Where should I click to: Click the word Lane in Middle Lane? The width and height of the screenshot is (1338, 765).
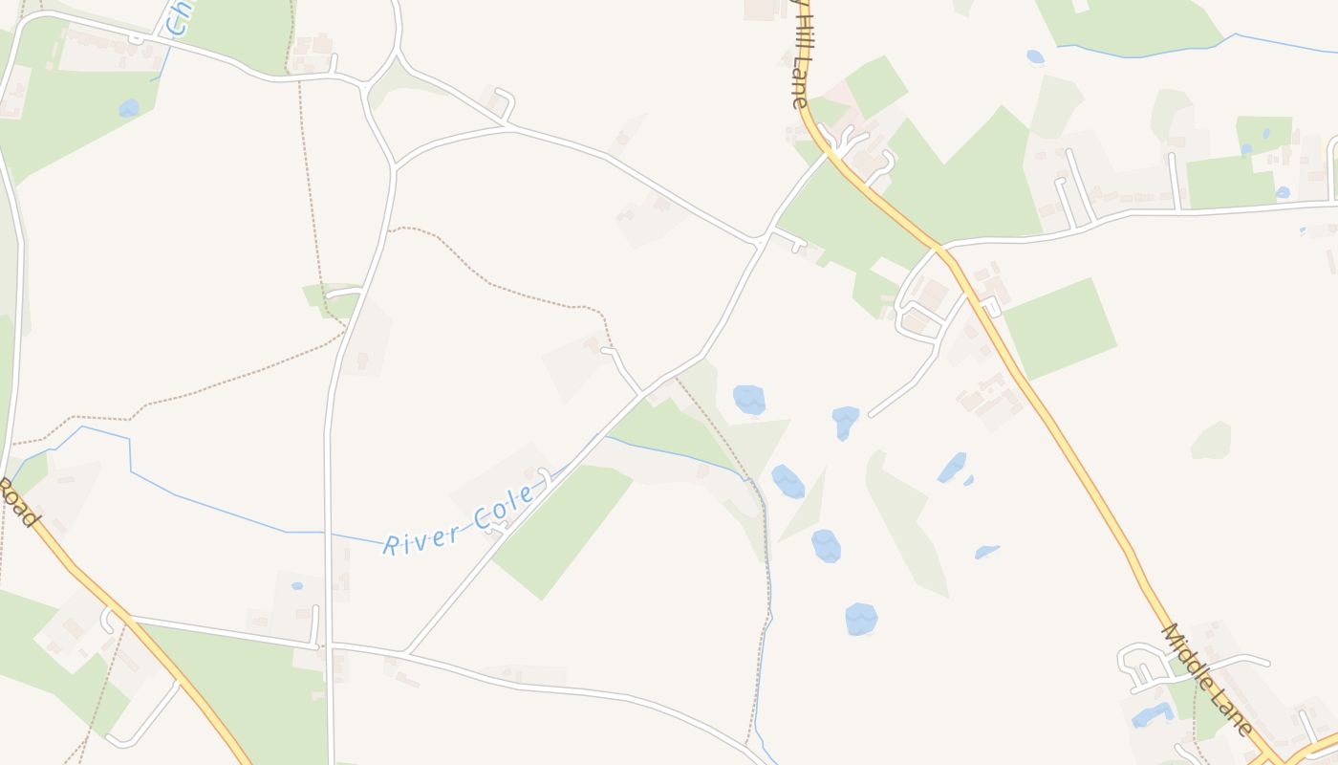pyautogui.click(x=1234, y=712)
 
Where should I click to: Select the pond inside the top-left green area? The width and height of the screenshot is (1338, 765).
pyautogui.click(x=129, y=108)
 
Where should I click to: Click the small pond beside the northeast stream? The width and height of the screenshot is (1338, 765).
pyautogui.click(x=1035, y=57)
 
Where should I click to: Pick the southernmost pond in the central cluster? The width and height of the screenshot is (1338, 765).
pyautogui.click(x=861, y=619)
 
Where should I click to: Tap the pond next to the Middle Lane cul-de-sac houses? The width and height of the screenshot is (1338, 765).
pyautogui.click(x=1153, y=714)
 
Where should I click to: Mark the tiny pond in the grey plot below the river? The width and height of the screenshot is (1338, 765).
pyautogui.click(x=297, y=585)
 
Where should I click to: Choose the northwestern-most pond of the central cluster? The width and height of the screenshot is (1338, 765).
pyautogui.click(x=749, y=399)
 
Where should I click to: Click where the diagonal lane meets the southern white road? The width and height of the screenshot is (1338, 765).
pyautogui.click(x=405, y=654)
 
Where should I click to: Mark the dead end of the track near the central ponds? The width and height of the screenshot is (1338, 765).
pyautogui.click(x=870, y=415)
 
